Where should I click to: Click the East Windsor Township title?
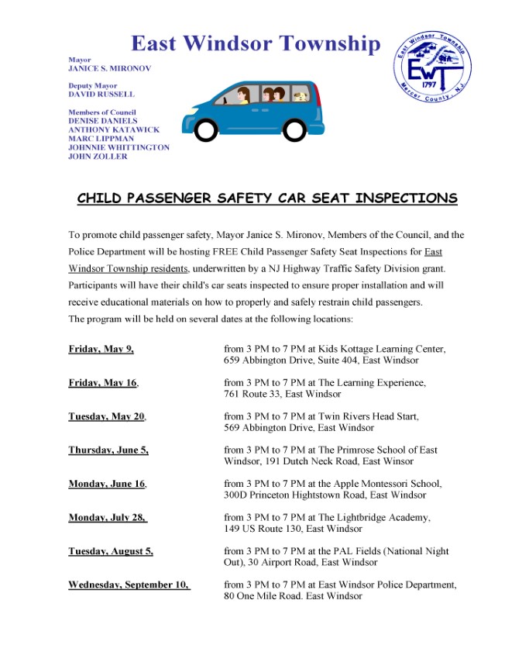[x=256, y=44]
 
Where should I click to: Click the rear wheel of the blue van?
[x=207, y=129]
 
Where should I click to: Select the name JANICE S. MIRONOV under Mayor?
[x=109, y=68]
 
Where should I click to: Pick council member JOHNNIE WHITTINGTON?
[x=119, y=147]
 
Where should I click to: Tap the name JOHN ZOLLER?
[x=98, y=157]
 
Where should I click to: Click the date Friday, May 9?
[x=101, y=349]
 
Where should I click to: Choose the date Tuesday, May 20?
[x=106, y=416]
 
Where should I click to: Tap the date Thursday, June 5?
[x=108, y=450]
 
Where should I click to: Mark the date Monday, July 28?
[x=107, y=517]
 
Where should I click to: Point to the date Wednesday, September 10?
[x=129, y=585]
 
